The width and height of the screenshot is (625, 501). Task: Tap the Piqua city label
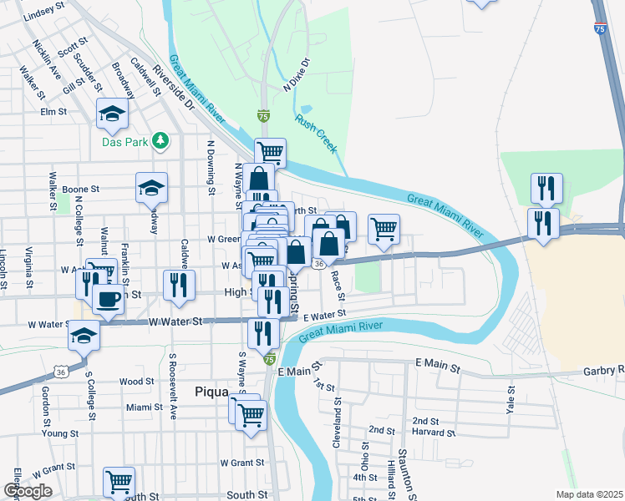click(211, 391)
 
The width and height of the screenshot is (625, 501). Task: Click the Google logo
click(28, 491)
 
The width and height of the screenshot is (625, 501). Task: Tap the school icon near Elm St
click(112, 114)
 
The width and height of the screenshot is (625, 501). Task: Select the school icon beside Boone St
click(152, 188)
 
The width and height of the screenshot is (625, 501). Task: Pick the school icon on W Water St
click(84, 335)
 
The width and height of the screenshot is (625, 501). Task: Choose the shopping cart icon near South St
click(119, 481)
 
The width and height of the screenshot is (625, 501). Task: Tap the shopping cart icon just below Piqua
click(250, 412)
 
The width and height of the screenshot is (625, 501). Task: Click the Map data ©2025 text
click(588, 494)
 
